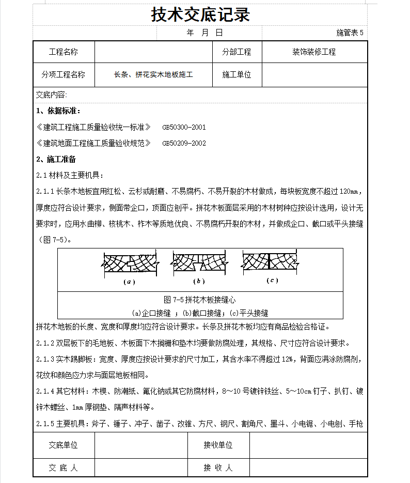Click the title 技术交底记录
click(200, 14)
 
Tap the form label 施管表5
click(350, 33)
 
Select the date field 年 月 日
click(204, 33)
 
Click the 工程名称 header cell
click(64, 52)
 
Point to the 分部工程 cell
click(236, 52)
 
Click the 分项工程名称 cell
click(64, 74)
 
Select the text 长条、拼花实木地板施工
click(153, 75)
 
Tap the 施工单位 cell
click(236, 74)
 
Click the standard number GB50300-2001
click(184, 127)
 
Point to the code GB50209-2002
click(184, 143)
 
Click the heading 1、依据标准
click(58, 111)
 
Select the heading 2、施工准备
click(58, 159)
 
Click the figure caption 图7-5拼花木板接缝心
click(200, 300)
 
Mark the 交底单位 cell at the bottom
click(64, 445)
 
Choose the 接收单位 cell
click(218, 445)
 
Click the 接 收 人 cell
click(218, 468)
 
